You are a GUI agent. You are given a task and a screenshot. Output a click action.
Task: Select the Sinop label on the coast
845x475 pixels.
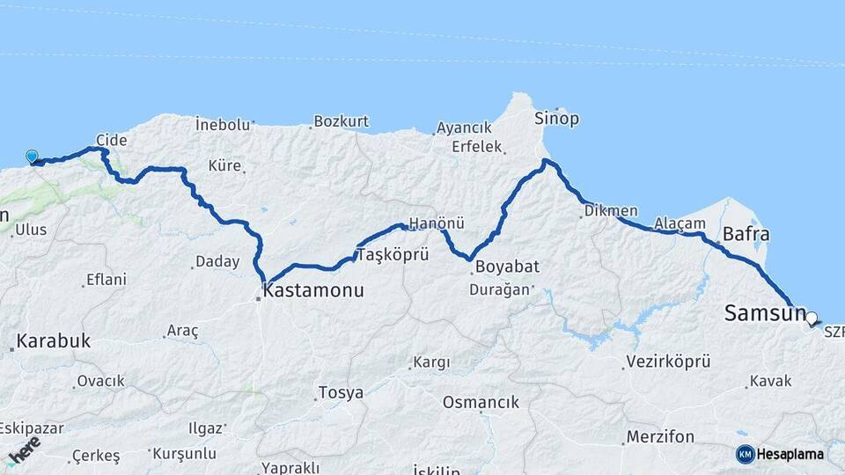click(x=556, y=118)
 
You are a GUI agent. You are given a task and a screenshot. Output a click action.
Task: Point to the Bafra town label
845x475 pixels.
click(x=746, y=235)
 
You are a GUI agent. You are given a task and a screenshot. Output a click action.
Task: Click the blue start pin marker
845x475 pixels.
click(x=33, y=157)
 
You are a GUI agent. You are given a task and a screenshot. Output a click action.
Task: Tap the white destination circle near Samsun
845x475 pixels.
click(x=811, y=319)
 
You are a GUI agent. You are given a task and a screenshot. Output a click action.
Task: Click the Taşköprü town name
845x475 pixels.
click(x=391, y=255)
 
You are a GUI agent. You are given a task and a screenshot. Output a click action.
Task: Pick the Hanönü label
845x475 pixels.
click(x=436, y=223)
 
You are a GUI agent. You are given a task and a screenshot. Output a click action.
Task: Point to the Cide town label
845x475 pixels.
click(x=112, y=140)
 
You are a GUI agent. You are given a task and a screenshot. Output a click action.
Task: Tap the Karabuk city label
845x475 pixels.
click(x=53, y=340)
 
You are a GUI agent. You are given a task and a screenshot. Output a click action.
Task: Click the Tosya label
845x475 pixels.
click(x=340, y=392)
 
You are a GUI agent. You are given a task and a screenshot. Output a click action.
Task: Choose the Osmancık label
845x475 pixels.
click(x=481, y=402)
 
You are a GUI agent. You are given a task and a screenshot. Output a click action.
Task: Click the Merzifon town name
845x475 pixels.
click(x=660, y=436)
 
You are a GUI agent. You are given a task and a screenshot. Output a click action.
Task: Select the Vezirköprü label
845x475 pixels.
click(x=666, y=362)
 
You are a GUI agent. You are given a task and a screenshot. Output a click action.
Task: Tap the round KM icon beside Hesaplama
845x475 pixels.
click(x=745, y=454)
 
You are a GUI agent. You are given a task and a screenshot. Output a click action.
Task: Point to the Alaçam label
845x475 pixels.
click(x=680, y=223)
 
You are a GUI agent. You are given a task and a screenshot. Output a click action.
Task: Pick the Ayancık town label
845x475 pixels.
click(x=464, y=128)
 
